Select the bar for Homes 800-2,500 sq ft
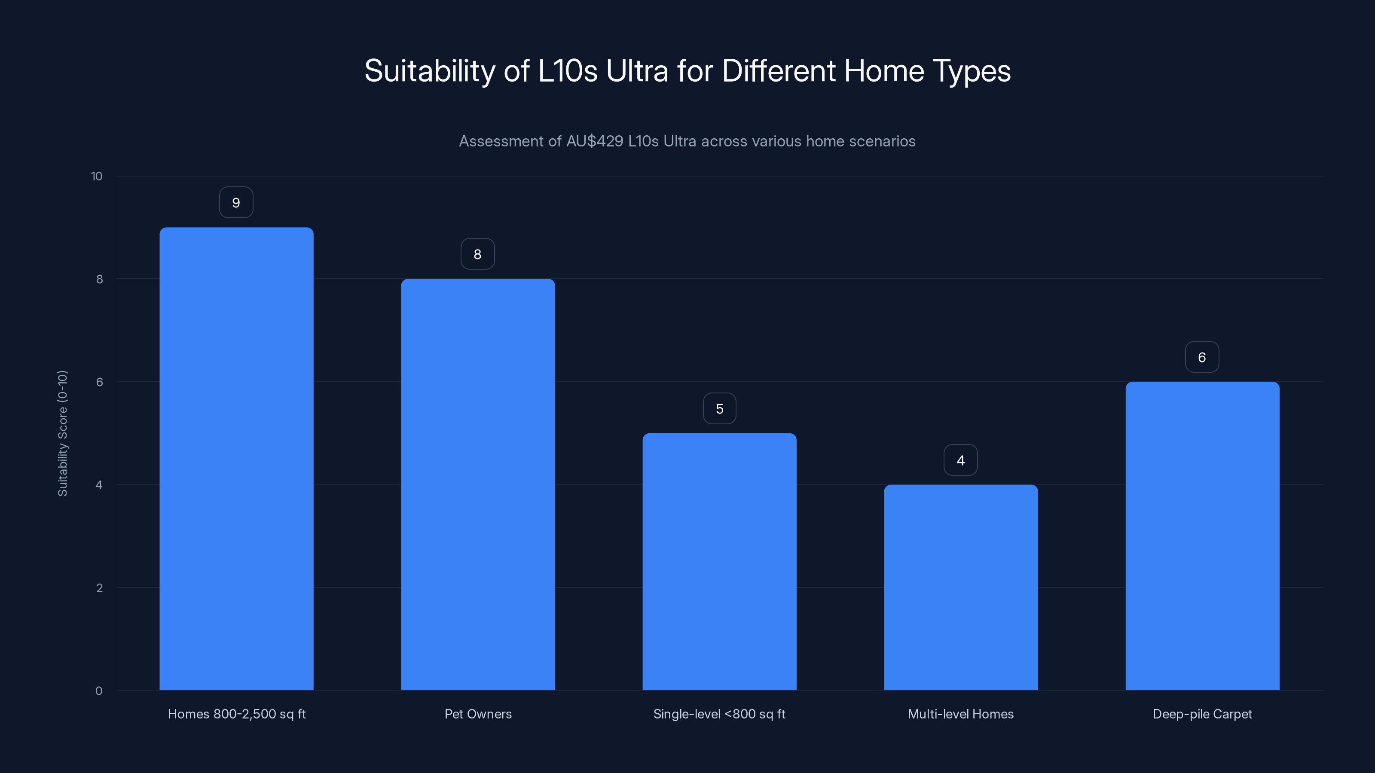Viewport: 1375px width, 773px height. pos(236,459)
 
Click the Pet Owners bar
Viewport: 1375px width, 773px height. pos(478,484)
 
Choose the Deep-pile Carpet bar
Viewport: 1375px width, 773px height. pos(1202,536)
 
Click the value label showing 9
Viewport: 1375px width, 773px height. pos(236,203)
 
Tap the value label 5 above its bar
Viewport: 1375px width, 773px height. pos(720,409)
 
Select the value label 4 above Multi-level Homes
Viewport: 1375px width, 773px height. pos(961,460)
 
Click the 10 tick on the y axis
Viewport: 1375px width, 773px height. pos(97,177)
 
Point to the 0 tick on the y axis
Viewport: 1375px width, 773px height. pos(99,691)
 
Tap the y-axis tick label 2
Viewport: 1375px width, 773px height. pos(99,588)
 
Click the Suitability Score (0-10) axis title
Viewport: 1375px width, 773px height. pos(62,433)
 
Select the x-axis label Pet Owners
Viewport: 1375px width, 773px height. pos(478,714)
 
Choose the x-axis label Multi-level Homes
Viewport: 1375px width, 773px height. pos(961,714)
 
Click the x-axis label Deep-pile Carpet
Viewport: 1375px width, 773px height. pos(1202,714)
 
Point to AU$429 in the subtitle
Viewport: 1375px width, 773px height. pos(595,141)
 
